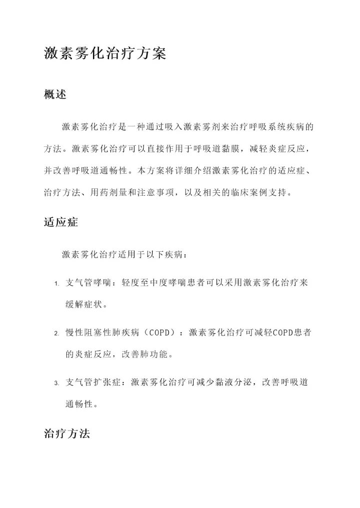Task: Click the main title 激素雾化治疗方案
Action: tap(105, 53)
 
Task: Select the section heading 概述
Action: tap(55, 94)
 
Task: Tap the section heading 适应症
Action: tap(60, 223)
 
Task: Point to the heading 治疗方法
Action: tap(66, 434)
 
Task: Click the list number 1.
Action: tap(56, 284)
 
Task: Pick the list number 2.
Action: tap(56, 334)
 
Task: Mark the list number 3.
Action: tap(56, 384)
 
